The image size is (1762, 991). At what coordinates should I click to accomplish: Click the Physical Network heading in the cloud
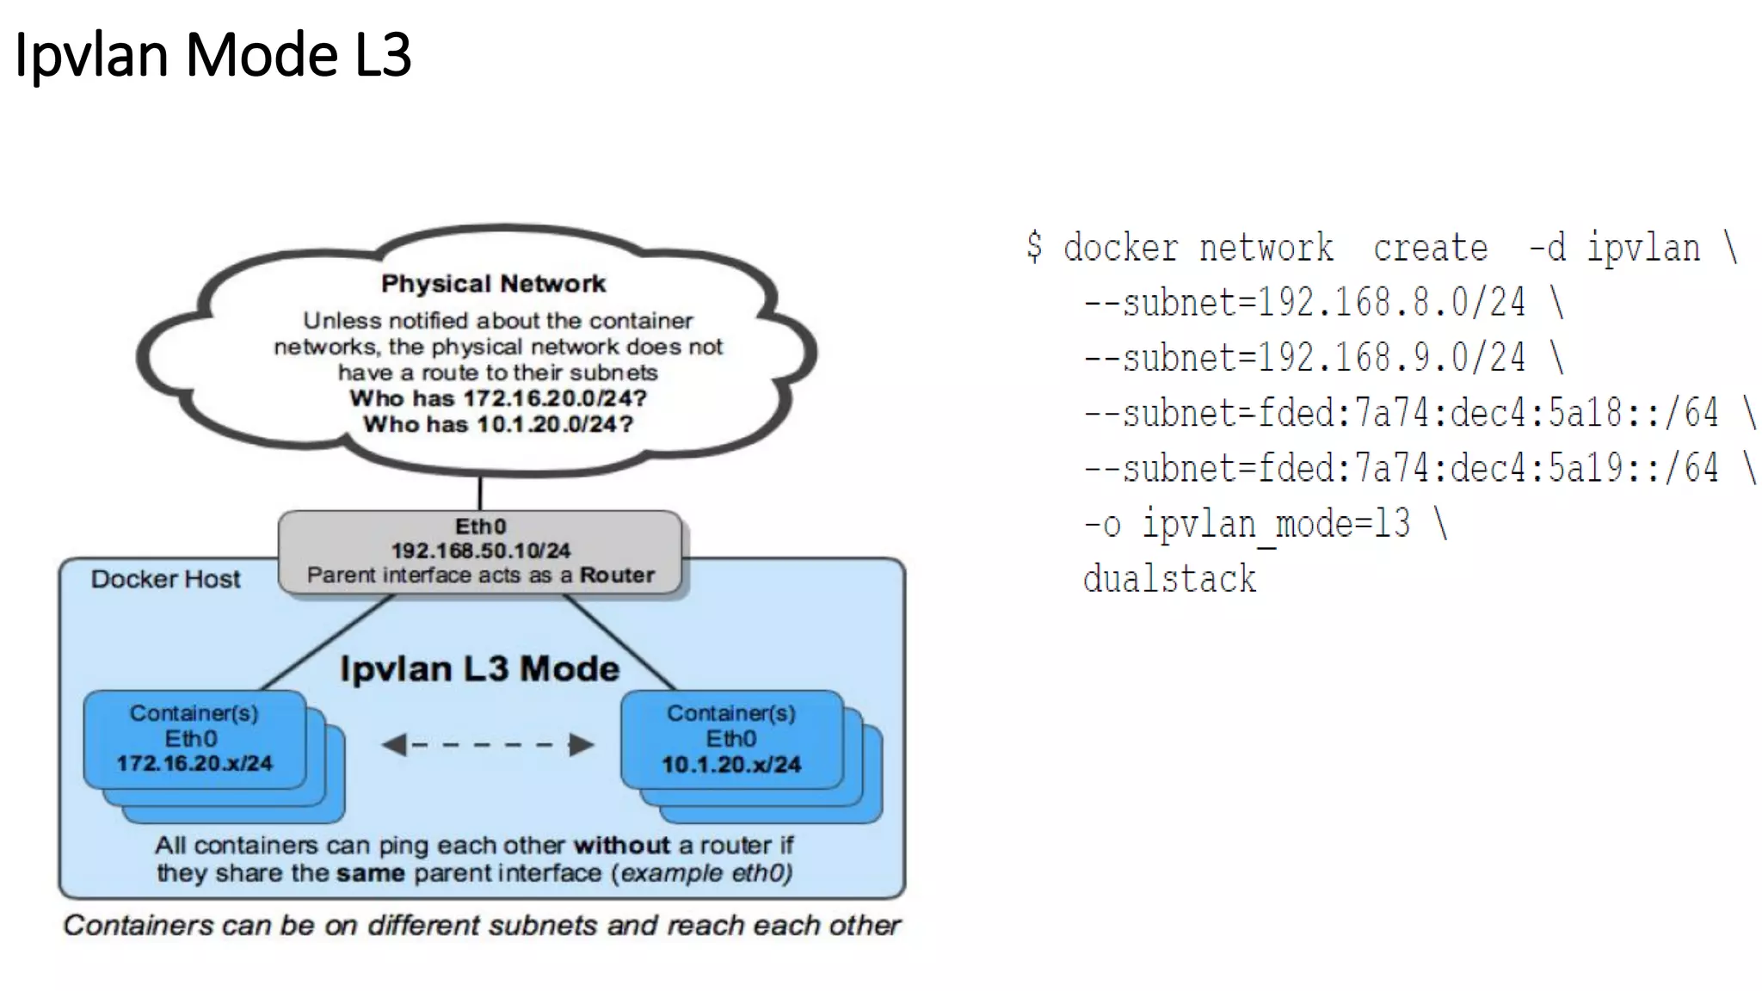click(x=493, y=284)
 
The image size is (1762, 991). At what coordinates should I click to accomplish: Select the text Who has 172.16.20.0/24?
click(x=497, y=398)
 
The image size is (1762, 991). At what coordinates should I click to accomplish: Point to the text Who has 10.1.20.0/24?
click(x=497, y=424)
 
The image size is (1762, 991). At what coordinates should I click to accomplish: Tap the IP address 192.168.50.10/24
click(x=480, y=551)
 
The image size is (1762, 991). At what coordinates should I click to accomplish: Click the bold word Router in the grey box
click(x=617, y=576)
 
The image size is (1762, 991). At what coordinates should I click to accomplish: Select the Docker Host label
click(x=165, y=579)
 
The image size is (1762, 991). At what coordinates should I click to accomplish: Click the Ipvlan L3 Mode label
click(x=479, y=668)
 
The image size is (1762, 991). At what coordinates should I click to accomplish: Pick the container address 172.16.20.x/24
click(x=194, y=763)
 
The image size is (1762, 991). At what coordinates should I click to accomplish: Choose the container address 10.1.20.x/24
click(x=731, y=764)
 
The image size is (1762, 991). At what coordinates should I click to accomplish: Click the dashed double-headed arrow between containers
click(x=487, y=745)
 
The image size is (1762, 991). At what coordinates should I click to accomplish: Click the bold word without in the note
click(x=621, y=846)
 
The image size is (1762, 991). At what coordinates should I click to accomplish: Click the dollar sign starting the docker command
click(x=1034, y=247)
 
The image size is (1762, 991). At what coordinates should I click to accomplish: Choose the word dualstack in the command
click(x=1169, y=579)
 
